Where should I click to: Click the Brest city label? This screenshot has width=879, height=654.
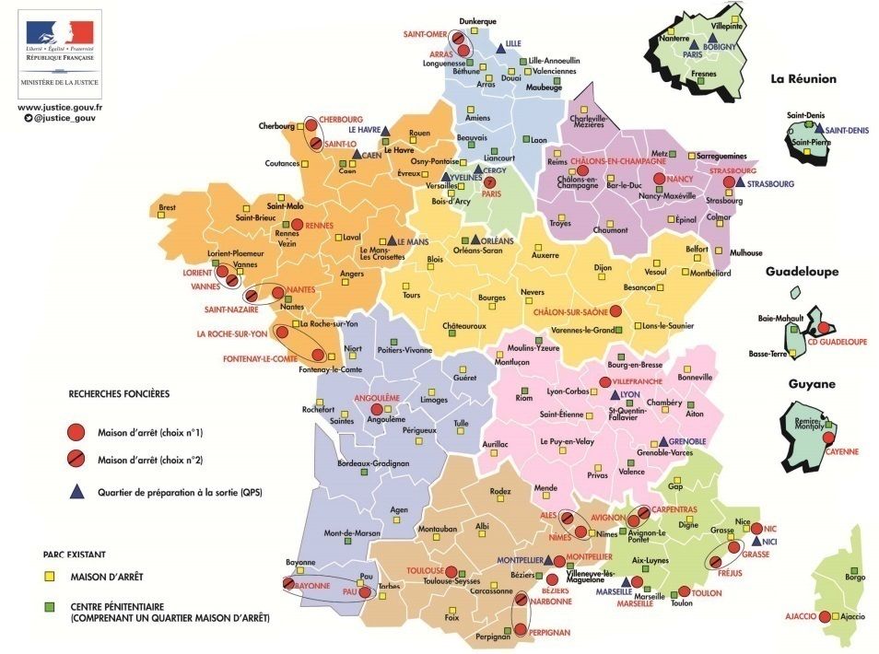point(167,208)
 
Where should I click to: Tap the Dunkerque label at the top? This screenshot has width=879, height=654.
point(478,21)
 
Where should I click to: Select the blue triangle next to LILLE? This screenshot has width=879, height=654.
point(500,46)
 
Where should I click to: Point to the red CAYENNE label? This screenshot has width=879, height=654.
point(842,451)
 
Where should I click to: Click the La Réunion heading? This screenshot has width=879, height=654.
point(803,79)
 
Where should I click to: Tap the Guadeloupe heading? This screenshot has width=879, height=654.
point(802,272)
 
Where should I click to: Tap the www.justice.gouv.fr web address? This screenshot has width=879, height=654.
point(60,107)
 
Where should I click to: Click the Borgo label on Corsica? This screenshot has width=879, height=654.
point(854,577)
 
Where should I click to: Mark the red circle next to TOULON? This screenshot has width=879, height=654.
point(684,592)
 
